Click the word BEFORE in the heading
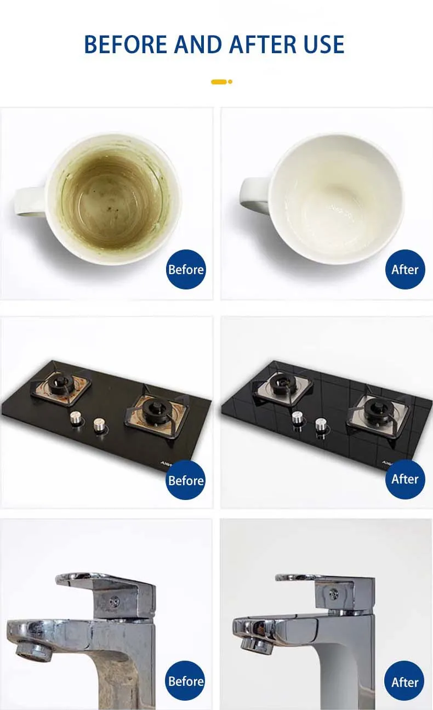pyautogui.click(x=126, y=44)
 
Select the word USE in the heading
pyautogui.click(x=323, y=44)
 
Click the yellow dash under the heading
pyautogui.click(x=219, y=82)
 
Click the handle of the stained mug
pyautogui.click(x=30, y=201)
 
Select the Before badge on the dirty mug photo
pyautogui.click(x=186, y=269)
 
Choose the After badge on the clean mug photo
pyautogui.click(x=405, y=269)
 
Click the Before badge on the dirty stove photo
pyautogui.click(x=186, y=480)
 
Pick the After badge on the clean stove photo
pyautogui.click(x=405, y=479)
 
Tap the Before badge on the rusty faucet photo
pyautogui.click(x=185, y=680)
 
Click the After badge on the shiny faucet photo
pyautogui.click(x=404, y=680)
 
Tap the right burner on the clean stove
pyautogui.click(x=377, y=411)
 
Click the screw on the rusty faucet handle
pyautogui.click(x=115, y=600)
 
